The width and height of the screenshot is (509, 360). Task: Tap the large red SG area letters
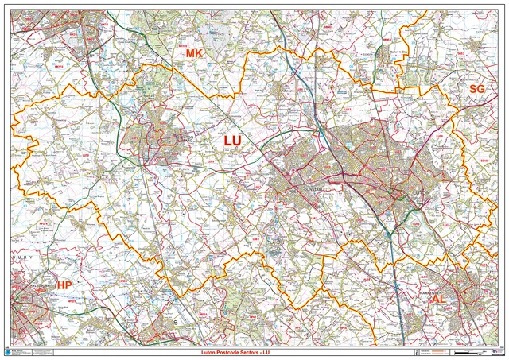476,89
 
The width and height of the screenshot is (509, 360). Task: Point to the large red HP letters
64,295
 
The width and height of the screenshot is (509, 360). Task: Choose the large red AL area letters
440,299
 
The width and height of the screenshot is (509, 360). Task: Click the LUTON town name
422,191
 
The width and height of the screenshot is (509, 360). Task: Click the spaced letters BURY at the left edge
24,257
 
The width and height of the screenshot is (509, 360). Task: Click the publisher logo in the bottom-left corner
10,350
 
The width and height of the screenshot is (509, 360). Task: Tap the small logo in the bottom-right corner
497,350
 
